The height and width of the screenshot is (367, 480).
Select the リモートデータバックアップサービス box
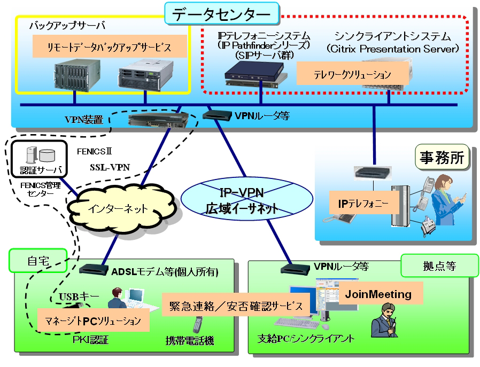point(110,47)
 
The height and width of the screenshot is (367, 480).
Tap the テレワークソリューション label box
point(352,74)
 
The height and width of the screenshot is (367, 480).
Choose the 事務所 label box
point(443,157)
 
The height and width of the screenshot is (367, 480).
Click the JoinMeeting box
point(378,294)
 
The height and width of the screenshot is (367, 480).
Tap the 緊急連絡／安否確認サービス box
point(236,307)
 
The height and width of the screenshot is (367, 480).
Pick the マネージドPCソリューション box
point(92,321)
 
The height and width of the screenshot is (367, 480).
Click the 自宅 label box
point(38,261)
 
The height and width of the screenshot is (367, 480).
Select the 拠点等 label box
point(439,266)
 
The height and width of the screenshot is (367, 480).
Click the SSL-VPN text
point(110,167)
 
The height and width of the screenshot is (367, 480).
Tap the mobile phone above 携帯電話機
point(198,324)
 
